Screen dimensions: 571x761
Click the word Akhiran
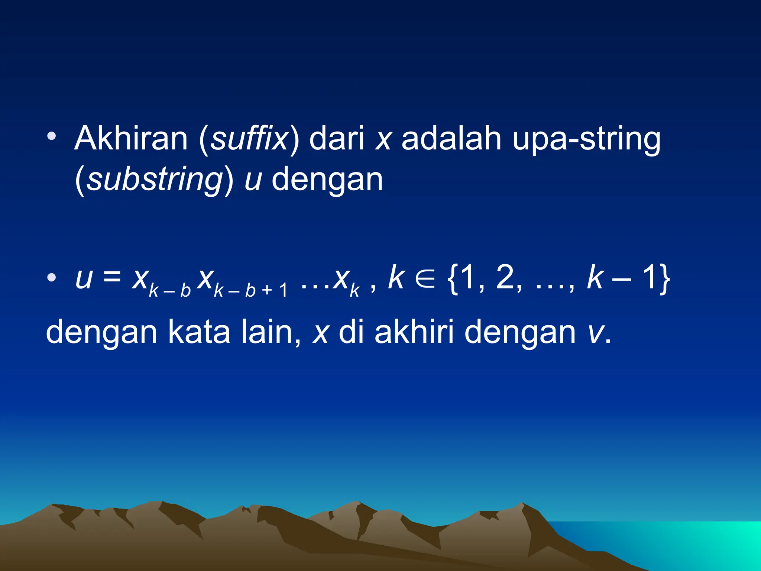click(x=131, y=138)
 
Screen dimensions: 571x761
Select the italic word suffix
click(x=249, y=138)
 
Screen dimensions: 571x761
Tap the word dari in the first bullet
click(x=337, y=138)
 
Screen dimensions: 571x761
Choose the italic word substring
click(x=154, y=180)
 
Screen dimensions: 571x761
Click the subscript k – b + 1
click(x=251, y=290)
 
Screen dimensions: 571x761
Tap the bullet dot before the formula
click(x=52, y=277)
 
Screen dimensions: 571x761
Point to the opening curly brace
click(x=453, y=279)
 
